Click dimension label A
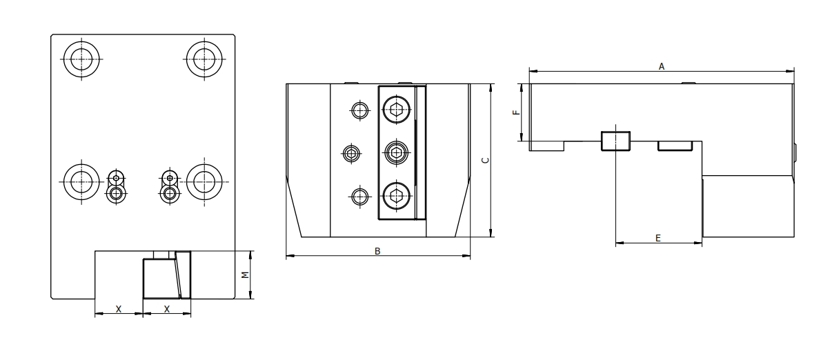click(x=661, y=66)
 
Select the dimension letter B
click(x=377, y=252)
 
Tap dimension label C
click(x=484, y=160)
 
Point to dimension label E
click(x=658, y=237)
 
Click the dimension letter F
click(x=515, y=112)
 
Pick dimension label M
click(x=244, y=274)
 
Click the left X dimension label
click(x=119, y=310)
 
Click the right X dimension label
click(x=167, y=310)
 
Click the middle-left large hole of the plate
click(x=81, y=181)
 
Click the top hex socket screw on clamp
click(x=396, y=108)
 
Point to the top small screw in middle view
click(x=358, y=109)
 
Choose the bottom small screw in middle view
click(x=358, y=197)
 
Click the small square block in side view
click(x=615, y=140)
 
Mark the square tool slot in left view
click(x=159, y=279)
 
